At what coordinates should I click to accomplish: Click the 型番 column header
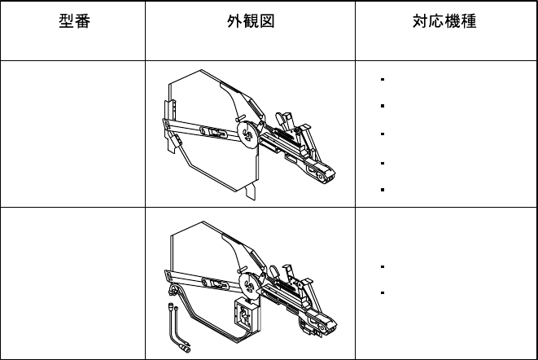[x=72, y=22]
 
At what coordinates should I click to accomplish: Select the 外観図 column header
[x=250, y=22]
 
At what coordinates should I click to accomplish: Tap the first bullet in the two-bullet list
[x=381, y=266]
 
